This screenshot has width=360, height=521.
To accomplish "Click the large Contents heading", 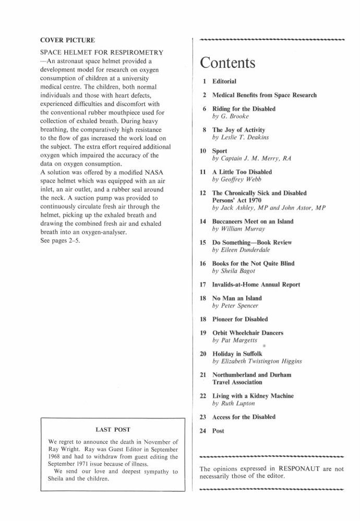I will tap(227, 63).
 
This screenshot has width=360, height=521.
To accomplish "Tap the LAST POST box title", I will tap(113, 429).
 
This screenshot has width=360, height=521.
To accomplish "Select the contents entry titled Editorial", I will tap(224, 81).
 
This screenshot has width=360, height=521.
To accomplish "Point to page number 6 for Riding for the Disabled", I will tap(206, 109).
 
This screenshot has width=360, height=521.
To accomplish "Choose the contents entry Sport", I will tap(220, 151).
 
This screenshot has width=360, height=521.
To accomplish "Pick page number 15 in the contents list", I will tap(204, 243).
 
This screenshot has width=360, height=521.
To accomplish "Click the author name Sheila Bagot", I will tap(241, 271).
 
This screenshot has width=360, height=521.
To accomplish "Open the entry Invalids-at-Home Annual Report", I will tap(256, 285).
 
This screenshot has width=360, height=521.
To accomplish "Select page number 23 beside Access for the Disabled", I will tap(204, 417).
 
